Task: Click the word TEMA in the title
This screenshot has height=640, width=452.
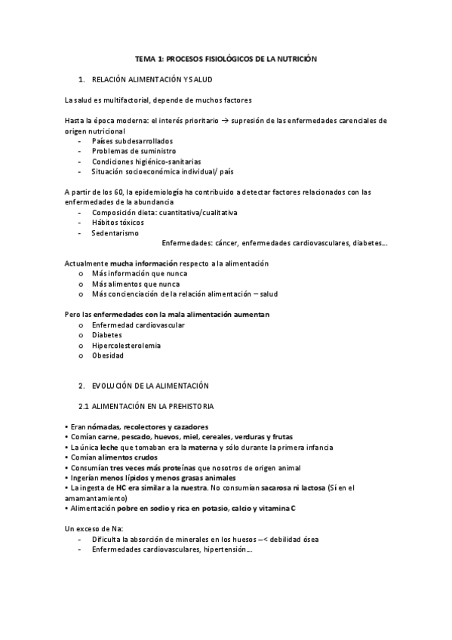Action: tap(144, 58)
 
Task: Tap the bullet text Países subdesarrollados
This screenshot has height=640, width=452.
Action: tap(132, 141)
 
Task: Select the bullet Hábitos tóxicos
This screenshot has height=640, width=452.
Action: tap(118, 223)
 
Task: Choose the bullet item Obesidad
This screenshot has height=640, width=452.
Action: tap(108, 355)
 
